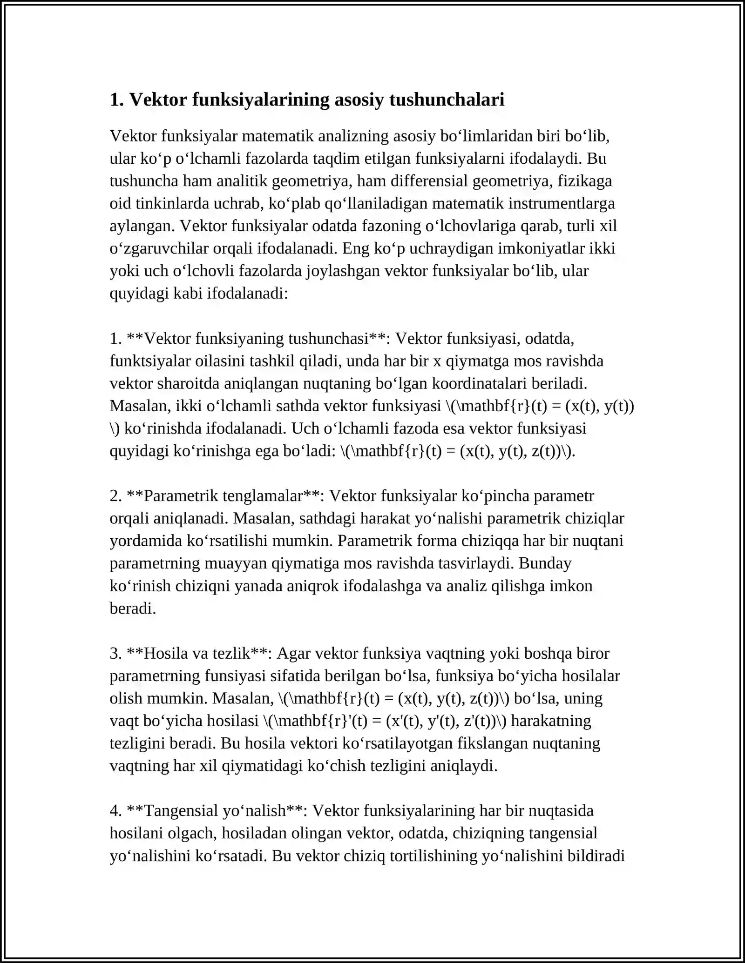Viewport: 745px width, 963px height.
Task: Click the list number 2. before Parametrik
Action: pos(116,496)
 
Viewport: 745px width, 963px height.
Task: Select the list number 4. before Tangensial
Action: pos(116,811)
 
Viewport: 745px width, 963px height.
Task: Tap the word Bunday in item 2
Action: pos(545,563)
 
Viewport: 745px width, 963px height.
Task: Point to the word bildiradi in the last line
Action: pos(596,856)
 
